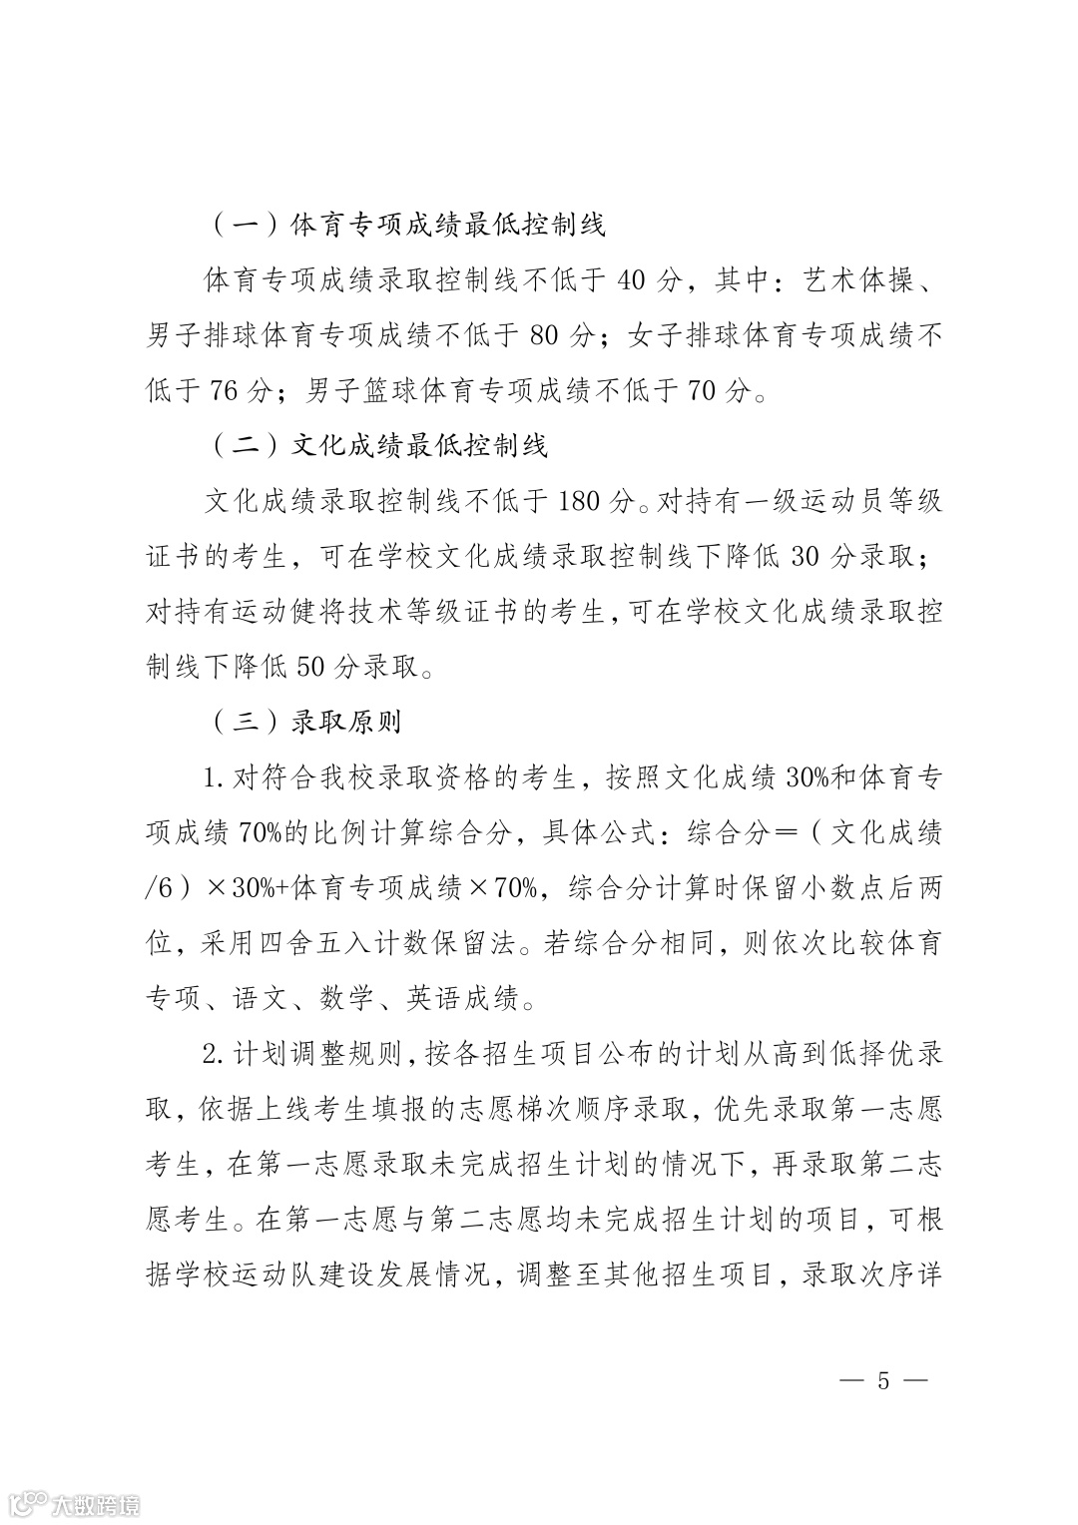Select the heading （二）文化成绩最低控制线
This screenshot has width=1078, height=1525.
pyautogui.click(x=380, y=445)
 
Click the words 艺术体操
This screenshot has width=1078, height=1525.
pyautogui.click(x=859, y=280)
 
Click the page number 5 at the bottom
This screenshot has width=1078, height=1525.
pyautogui.click(x=882, y=1381)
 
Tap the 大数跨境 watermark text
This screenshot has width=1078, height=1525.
pyautogui.click(x=97, y=1503)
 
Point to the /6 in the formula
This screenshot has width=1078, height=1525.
pyautogui.click(x=161, y=887)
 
